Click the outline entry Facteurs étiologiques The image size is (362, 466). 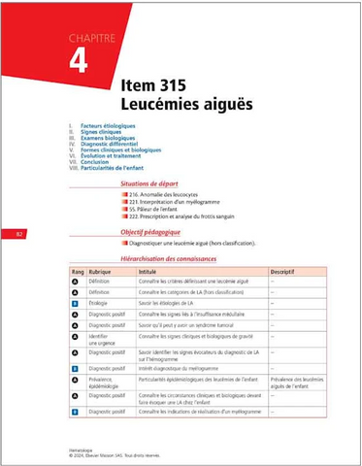(x=108, y=125)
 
